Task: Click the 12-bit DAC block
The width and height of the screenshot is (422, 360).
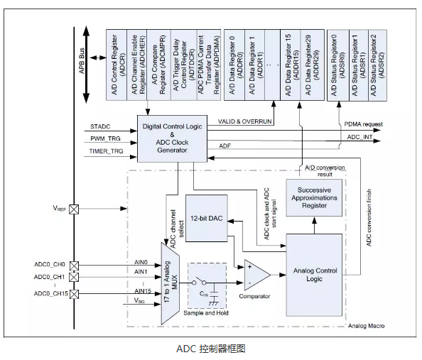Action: tap(207, 218)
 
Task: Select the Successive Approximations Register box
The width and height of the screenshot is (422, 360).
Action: tap(314, 198)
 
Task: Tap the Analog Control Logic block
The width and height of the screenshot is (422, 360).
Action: tap(314, 275)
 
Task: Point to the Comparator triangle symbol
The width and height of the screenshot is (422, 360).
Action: tap(257, 275)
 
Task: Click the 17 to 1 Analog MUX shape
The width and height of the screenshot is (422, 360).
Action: tap(170, 284)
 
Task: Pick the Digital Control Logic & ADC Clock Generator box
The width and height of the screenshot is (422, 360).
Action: tap(172, 138)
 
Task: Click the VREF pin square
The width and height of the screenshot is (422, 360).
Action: tap(74, 209)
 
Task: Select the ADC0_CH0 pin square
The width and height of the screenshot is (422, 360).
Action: tap(74, 266)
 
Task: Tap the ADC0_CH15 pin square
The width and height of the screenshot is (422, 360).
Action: tap(74, 294)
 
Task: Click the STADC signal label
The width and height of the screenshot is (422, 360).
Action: tap(100, 126)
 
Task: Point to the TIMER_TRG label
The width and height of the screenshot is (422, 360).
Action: tap(106, 151)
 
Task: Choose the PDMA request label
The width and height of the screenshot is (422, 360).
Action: tap(363, 124)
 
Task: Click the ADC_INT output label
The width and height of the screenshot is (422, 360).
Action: tap(359, 137)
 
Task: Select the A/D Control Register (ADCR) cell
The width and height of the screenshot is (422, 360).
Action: tap(117, 65)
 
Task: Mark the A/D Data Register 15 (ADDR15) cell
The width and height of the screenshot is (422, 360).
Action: tap(291, 65)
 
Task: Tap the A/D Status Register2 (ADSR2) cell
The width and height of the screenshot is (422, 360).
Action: tap(377, 65)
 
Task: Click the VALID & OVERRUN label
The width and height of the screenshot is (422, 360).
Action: tap(244, 121)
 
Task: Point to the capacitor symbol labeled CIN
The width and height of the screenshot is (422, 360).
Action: tap(214, 294)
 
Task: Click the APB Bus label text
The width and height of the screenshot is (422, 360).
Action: tap(82, 61)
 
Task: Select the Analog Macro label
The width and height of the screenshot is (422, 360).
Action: tap(366, 326)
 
